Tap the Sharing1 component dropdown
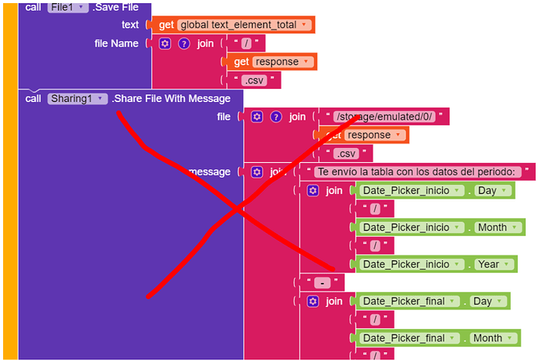(x=76, y=99)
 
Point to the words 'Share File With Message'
(x=171, y=99)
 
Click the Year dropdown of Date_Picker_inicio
(x=493, y=264)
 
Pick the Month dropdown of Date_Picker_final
(x=491, y=338)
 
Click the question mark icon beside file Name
(x=184, y=44)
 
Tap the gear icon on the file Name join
(x=165, y=44)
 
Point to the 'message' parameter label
(x=209, y=171)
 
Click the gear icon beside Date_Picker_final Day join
(x=313, y=301)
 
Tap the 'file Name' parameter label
(x=116, y=44)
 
